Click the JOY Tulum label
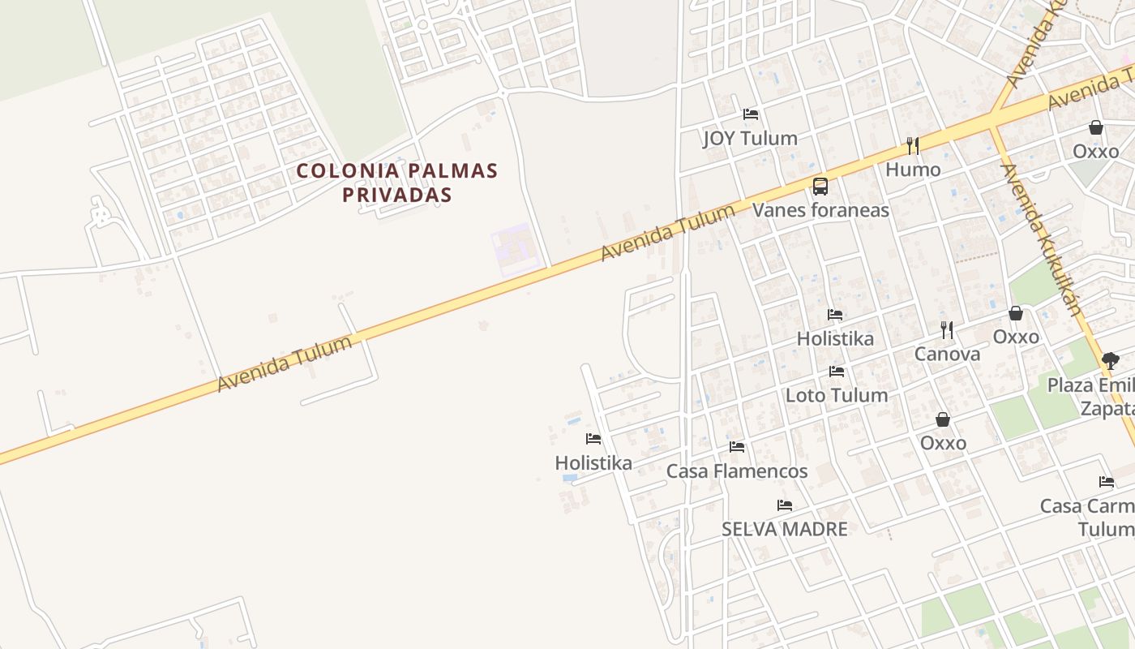(x=750, y=139)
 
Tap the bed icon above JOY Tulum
(x=751, y=114)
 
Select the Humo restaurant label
(x=913, y=170)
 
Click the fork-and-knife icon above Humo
(x=913, y=146)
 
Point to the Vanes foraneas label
(x=820, y=211)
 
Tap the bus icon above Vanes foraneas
(x=820, y=187)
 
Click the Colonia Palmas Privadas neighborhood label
(x=396, y=183)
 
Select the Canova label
(x=947, y=354)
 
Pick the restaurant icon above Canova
(x=947, y=329)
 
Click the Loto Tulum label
(x=837, y=396)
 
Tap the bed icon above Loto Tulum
(x=837, y=372)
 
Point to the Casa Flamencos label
(x=737, y=471)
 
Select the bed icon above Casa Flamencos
(x=737, y=447)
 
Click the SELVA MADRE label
(x=785, y=530)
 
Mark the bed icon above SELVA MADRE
(x=785, y=505)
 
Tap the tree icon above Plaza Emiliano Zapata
(x=1111, y=361)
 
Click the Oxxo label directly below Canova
(x=943, y=443)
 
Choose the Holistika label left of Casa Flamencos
(x=593, y=463)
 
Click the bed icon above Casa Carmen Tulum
(x=1107, y=482)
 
